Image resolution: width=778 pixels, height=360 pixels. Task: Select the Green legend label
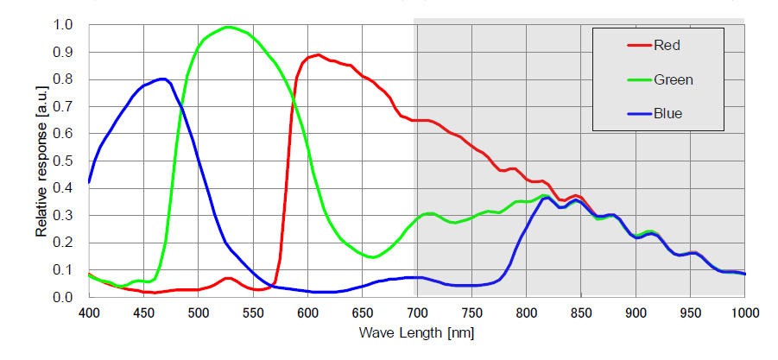pos(674,79)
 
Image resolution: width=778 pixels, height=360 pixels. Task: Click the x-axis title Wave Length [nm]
pos(416,332)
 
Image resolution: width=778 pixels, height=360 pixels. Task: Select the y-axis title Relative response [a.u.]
pos(41,161)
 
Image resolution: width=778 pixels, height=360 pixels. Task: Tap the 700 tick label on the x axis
pos(417,313)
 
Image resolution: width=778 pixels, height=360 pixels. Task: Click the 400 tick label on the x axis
pos(89,313)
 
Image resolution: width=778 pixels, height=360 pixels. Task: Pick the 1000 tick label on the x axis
pos(744,313)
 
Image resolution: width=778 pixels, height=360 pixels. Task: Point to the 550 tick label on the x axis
pos(253,313)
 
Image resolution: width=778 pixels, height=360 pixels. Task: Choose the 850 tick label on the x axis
pos(581,313)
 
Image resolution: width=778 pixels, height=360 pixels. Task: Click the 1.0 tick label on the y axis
pos(64,25)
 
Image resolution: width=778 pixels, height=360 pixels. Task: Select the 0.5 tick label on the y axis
pos(64,161)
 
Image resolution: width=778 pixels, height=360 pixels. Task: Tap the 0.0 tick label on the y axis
pos(64,298)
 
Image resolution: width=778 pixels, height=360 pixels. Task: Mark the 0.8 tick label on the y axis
pos(64,79)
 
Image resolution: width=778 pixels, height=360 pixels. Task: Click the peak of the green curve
pos(228,27)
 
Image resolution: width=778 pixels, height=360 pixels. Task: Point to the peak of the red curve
pos(319,55)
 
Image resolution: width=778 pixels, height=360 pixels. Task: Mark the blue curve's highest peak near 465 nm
pos(161,79)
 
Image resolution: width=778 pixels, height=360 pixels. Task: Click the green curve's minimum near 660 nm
pos(372,257)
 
